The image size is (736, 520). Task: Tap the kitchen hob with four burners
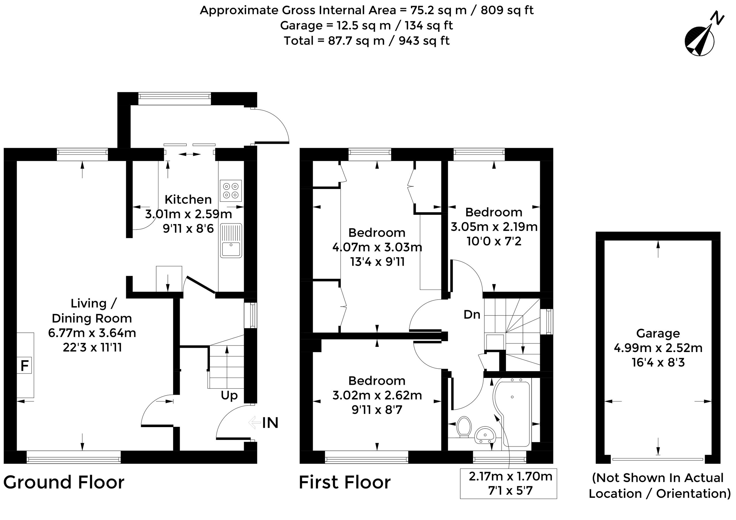[x=231, y=191]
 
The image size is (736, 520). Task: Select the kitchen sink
[x=231, y=240]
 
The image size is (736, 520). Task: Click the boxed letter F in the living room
[x=24, y=366]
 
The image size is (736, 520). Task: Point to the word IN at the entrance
[x=270, y=423]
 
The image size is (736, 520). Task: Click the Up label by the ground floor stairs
[x=229, y=396]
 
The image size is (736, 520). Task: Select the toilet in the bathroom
[x=464, y=427]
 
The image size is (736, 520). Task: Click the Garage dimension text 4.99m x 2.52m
[x=658, y=348]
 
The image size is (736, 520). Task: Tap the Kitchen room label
[x=188, y=199]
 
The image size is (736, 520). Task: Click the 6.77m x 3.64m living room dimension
[x=92, y=333]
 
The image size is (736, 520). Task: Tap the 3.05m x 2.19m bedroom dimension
[x=494, y=227]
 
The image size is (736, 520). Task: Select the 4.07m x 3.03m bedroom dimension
[x=377, y=247]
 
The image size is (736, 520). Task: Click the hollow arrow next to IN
[x=254, y=422]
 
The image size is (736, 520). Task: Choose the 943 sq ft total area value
[x=424, y=41]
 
